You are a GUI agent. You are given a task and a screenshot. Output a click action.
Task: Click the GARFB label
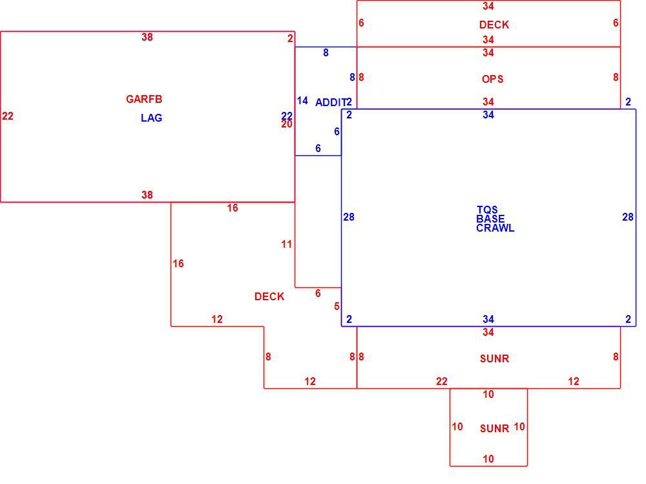pos(144,99)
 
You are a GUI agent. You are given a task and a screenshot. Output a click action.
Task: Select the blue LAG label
pos(152,118)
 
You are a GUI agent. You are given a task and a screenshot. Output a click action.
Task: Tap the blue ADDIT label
pos(331,102)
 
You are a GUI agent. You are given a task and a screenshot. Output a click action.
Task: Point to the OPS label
pos(493,79)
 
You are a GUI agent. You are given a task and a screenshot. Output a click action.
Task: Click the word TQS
pos(487,210)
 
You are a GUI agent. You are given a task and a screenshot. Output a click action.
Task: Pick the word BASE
pos(490,219)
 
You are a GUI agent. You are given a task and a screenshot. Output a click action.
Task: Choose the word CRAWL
pos(495,228)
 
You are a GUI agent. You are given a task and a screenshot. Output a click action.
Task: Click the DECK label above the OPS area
pos(494,25)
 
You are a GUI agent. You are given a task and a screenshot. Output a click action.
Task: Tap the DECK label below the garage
pos(269,296)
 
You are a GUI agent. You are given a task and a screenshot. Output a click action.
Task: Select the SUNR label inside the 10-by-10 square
pos(494,429)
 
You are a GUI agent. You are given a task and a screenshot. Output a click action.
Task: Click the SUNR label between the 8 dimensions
pos(494,358)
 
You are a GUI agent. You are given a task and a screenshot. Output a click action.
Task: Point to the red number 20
pos(287,124)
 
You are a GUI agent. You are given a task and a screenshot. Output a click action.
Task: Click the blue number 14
pos(302,101)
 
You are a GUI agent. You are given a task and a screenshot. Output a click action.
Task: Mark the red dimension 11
pos(287,245)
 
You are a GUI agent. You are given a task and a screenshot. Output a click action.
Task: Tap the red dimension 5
pos(337,306)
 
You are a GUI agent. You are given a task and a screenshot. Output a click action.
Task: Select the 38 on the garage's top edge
pos(147,37)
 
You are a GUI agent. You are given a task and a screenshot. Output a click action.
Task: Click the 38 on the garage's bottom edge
pos(147,195)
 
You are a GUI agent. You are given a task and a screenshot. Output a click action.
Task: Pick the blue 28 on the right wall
pos(628,217)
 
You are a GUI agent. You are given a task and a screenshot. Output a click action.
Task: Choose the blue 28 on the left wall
pos(349,217)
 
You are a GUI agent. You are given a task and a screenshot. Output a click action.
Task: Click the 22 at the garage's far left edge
pos(7,116)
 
